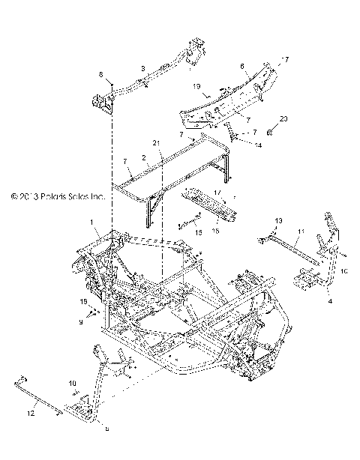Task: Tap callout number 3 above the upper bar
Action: pyautogui.click(x=142, y=67)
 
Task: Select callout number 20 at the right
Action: pyautogui.click(x=283, y=119)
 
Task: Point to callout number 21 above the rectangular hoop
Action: pyautogui.click(x=156, y=142)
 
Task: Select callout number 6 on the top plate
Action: pyautogui.click(x=242, y=67)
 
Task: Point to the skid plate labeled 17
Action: pyautogui.click(x=203, y=212)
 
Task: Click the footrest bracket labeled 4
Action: pyautogui.click(x=305, y=282)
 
